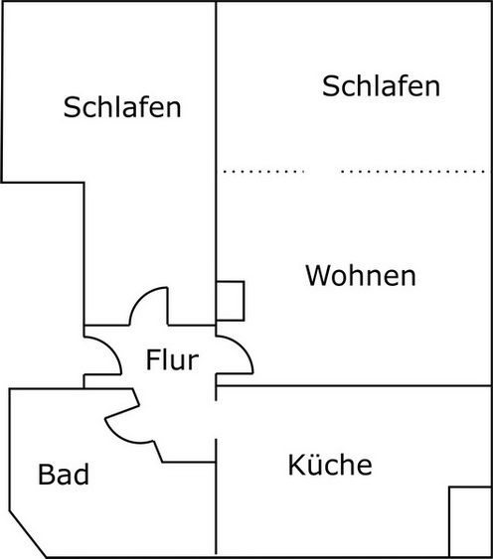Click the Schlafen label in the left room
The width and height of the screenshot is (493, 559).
coord(122,107)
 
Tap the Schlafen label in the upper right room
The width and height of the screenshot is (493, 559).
coord(381,86)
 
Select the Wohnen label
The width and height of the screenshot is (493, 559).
coord(360,275)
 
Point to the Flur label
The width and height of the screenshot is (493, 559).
coord(172,359)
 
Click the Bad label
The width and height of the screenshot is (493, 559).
coord(64,475)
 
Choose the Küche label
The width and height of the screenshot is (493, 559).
coord(330,464)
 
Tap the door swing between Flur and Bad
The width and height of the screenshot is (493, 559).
coord(121,422)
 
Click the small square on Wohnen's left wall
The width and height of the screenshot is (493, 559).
coord(230,300)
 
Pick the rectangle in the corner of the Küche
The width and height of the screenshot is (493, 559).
coord(469,521)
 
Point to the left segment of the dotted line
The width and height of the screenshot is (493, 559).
coord(262,172)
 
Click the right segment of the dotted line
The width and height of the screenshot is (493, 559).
coord(412,172)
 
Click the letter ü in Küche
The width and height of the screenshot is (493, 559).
coord(314,464)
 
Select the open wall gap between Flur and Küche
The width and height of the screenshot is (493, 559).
coord(217,418)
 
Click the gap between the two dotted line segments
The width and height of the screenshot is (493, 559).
coord(322,172)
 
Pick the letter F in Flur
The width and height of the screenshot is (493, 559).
coord(153,359)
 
